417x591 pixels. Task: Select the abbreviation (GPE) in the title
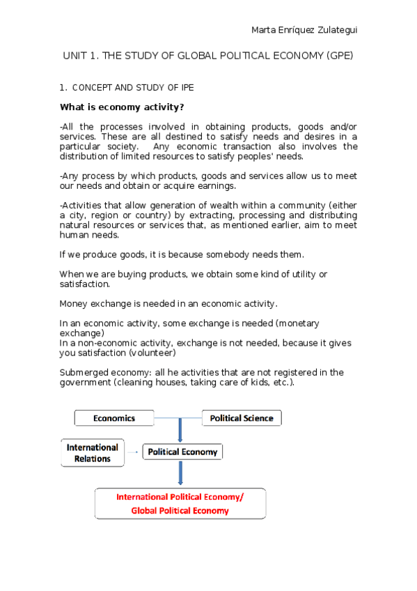[x=339, y=56]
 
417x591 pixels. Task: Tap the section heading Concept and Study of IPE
[x=133, y=88]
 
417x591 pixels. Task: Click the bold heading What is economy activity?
[x=122, y=107]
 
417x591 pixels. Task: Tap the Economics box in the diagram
[x=114, y=418]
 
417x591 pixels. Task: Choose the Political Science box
[x=242, y=418]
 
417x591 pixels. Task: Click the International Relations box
[x=93, y=453]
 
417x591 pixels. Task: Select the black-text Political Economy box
[x=182, y=452]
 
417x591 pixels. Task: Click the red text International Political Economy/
[x=180, y=497]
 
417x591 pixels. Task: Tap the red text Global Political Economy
[x=180, y=510]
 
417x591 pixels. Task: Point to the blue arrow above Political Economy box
[x=181, y=430]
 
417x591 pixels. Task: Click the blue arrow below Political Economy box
[x=181, y=473]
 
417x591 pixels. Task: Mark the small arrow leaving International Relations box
[x=133, y=452]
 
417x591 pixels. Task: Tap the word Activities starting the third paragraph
[x=82, y=206]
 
